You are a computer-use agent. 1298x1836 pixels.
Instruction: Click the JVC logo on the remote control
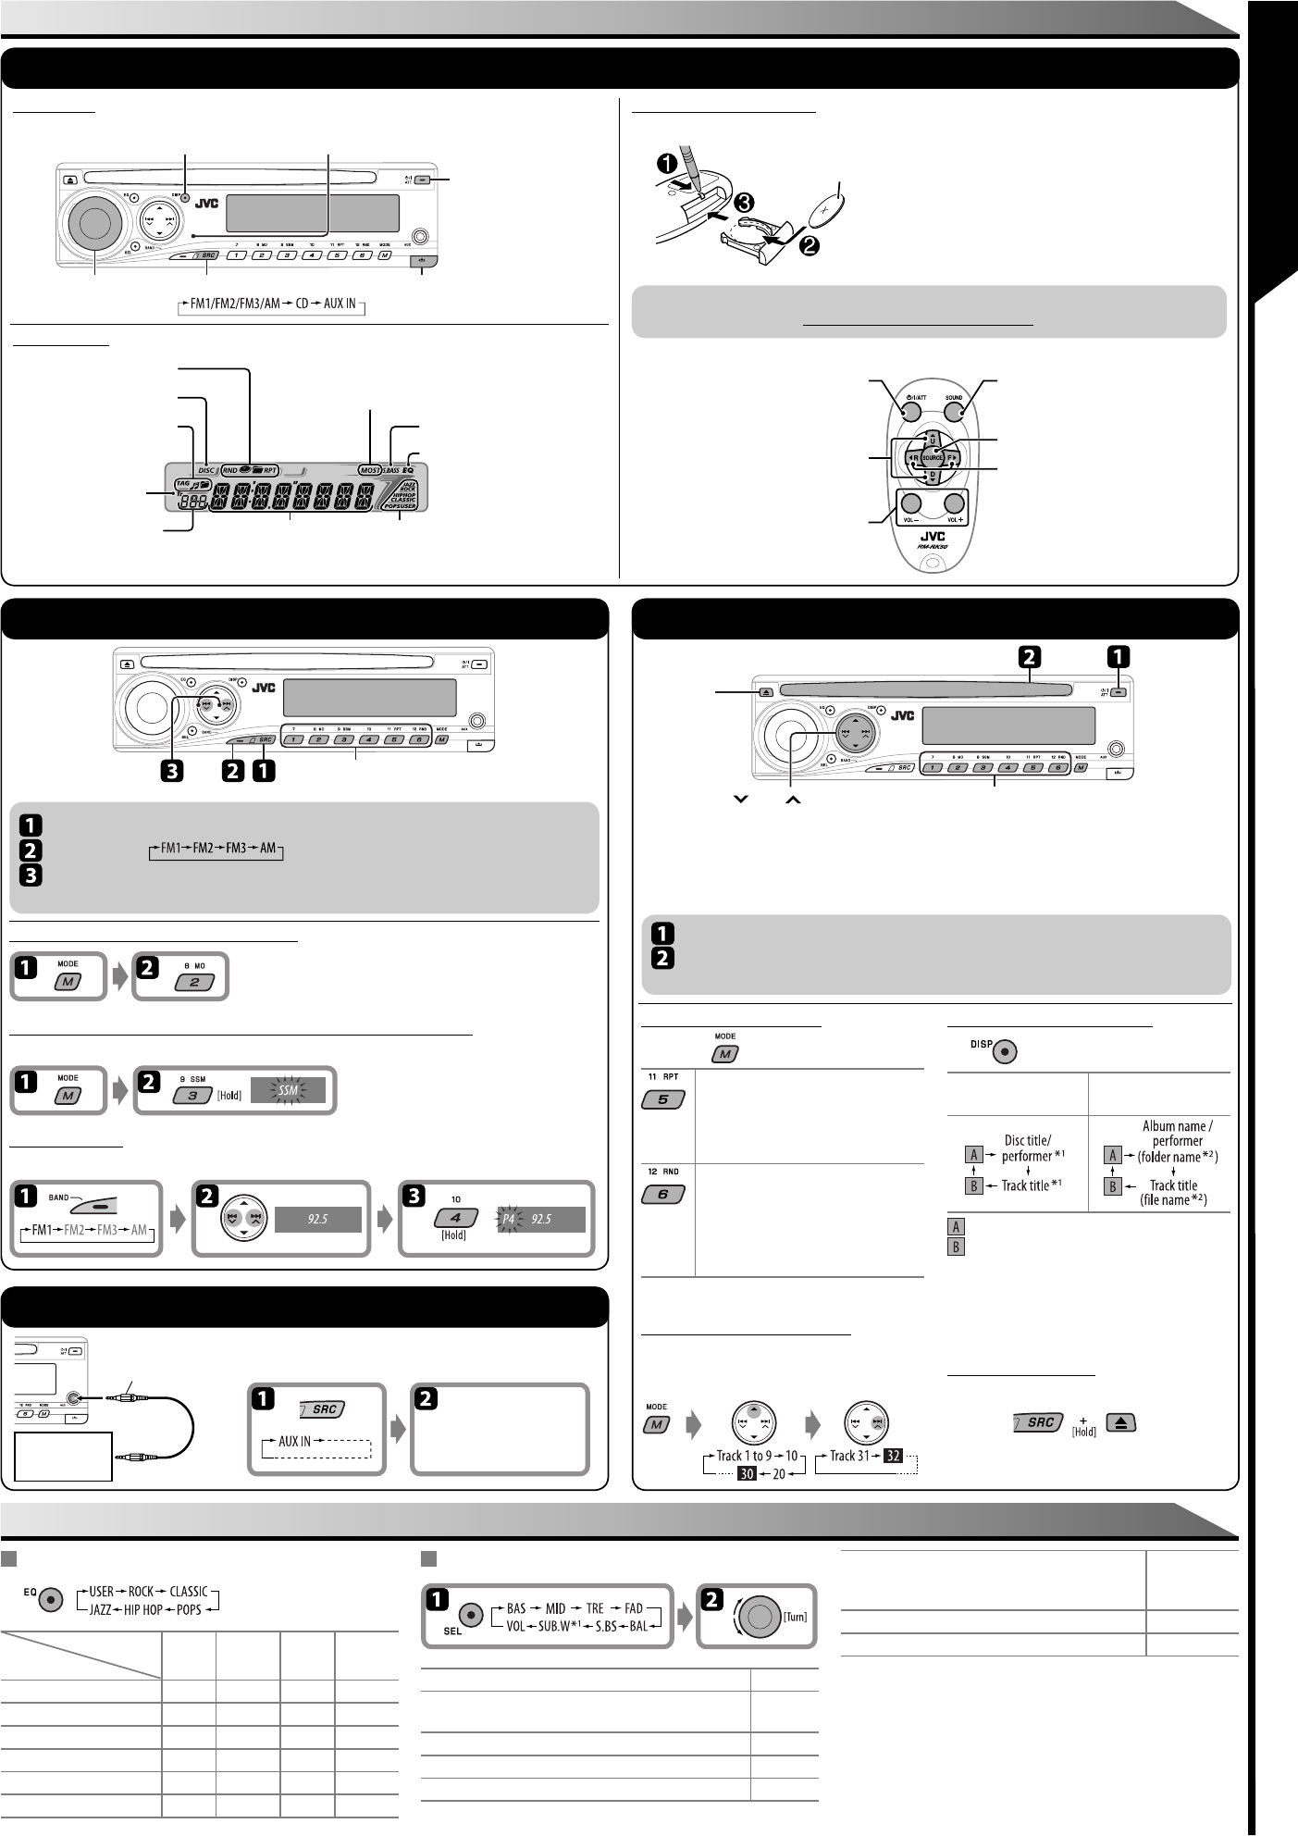[x=932, y=535]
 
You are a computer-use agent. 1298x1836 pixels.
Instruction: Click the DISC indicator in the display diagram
[x=205, y=470]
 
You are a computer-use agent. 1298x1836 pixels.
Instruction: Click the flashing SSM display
[x=291, y=1093]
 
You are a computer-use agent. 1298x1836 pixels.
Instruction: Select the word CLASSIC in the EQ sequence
[x=189, y=1592]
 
